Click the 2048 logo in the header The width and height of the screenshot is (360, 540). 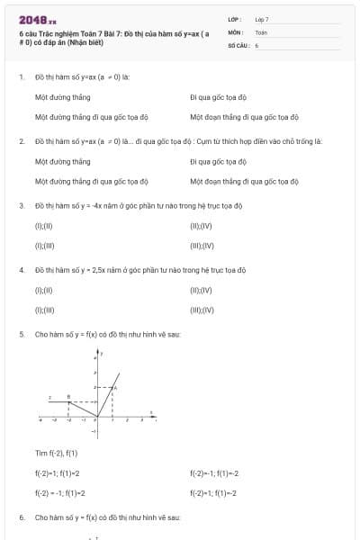pos(38,19)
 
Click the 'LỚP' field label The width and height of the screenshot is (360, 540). pos(234,19)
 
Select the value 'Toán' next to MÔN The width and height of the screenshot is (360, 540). pos(261,31)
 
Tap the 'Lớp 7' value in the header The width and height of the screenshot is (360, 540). pos(262,19)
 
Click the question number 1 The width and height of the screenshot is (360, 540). pos(21,76)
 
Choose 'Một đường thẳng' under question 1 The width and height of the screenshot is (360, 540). pos(62,96)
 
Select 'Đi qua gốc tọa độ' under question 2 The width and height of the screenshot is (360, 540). pos(218,162)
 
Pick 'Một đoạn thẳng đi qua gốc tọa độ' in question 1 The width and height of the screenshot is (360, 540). pos(244,117)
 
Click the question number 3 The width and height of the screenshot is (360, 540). pos(21,205)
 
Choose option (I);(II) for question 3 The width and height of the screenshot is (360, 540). pos(44,226)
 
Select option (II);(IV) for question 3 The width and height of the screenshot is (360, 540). pos(201,226)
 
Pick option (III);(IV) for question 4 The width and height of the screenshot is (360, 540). pos(202,310)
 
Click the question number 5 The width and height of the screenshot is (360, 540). pos(21,334)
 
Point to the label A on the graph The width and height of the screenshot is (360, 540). pos(115,387)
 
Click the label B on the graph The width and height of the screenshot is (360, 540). pos(81,397)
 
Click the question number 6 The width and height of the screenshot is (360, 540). pos(21,517)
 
